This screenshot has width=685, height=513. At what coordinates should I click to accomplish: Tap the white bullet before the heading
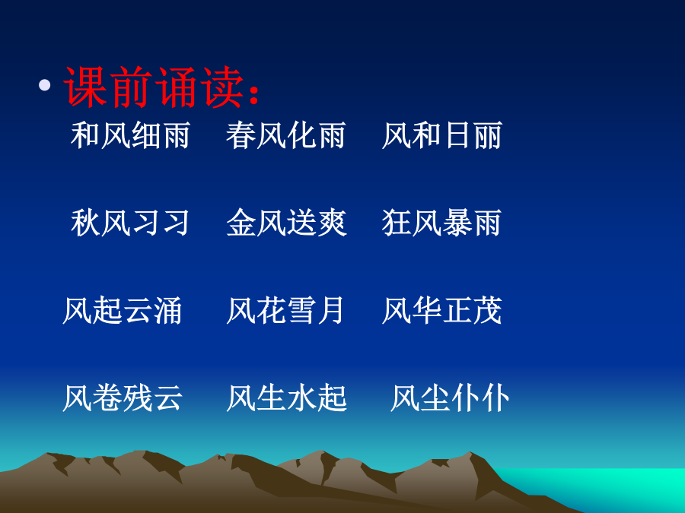point(45,84)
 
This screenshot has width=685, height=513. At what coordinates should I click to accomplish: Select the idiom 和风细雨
point(130,135)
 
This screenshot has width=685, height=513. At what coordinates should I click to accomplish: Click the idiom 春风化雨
point(285,135)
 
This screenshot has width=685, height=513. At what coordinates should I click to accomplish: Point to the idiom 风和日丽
point(441,135)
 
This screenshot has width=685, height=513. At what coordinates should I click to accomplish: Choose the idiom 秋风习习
point(130,223)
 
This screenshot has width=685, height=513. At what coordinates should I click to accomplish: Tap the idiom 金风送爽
point(287,223)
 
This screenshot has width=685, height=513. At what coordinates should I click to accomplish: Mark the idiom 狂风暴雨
point(441,223)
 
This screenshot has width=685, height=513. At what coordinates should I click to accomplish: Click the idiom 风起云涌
point(123,310)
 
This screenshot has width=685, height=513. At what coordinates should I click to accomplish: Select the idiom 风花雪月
point(285,310)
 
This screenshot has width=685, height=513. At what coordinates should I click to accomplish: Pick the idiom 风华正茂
point(441,310)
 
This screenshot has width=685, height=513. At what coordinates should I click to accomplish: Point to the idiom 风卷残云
point(123,397)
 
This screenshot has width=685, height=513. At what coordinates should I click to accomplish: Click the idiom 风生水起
point(287,397)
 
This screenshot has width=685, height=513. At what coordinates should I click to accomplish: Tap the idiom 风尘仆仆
point(450,397)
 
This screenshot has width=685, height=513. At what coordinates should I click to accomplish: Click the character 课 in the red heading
point(85,87)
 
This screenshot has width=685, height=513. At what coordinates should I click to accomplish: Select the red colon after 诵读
point(253,93)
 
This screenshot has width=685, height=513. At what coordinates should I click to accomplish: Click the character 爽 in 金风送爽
point(332,223)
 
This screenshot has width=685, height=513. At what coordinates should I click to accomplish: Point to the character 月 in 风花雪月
point(330,310)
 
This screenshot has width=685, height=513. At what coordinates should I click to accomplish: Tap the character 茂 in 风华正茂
point(487,310)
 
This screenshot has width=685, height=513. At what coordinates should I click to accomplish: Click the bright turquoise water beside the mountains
point(612,484)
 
